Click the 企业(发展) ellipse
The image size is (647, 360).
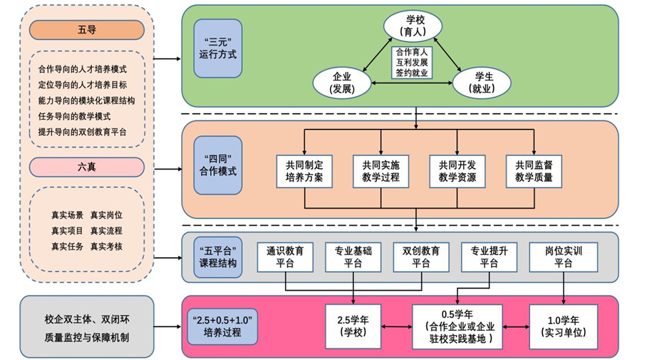point(343,82)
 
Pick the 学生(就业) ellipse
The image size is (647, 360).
point(482,82)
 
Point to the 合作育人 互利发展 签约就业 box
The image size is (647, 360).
point(412,62)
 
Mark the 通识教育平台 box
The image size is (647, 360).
point(285,257)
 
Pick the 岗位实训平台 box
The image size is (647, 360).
point(563,257)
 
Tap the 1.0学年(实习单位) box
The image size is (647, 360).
point(564,326)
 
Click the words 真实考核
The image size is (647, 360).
point(106,246)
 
